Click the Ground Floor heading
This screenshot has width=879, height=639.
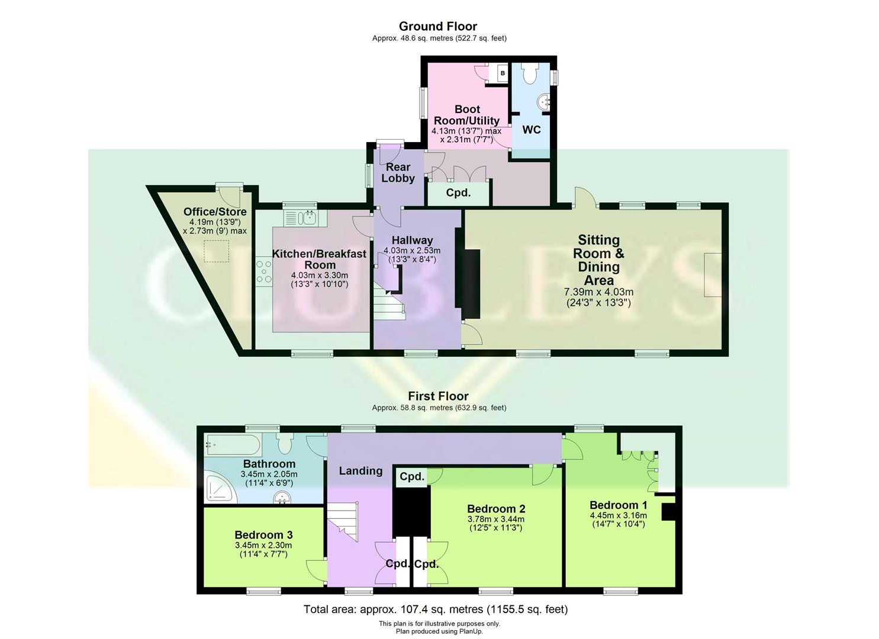tap(437, 26)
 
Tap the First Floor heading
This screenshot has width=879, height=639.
tap(438, 396)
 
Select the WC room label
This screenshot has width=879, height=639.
tap(531, 130)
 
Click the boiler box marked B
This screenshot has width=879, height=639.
tap(503, 73)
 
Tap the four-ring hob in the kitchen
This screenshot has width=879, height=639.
tap(264, 272)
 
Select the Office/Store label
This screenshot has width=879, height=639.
tap(215, 212)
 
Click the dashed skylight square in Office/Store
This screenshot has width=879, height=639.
tap(217, 251)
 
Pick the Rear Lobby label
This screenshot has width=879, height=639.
tap(398, 173)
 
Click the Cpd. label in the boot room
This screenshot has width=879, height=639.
tap(458, 193)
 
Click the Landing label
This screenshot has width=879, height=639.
tap(360, 471)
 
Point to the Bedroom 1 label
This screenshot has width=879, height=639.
tap(618, 505)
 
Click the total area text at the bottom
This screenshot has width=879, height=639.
tap(435, 609)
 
